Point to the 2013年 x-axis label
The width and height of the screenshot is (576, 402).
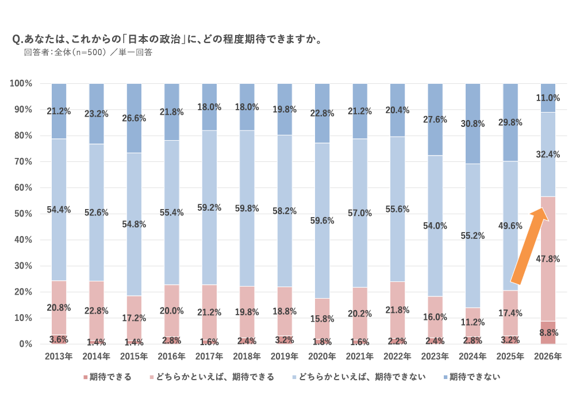(x=59, y=357)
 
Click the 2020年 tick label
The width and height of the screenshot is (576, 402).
(x=322, y=357)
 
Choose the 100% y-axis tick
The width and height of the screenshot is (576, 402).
(x=21, y=84)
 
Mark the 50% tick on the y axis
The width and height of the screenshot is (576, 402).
(x=23, y=214)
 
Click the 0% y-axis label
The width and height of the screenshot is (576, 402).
(x=25, y=344)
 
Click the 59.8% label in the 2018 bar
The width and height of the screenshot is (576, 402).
(x=247, y=209)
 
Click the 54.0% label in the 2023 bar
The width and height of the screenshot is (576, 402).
(x=435, y=226)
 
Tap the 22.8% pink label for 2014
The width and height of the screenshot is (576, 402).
(x=96, y=311)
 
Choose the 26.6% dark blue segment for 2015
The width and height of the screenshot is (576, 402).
(x=134, y=118)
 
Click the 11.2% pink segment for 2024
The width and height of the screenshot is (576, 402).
(x=473, y=322)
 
